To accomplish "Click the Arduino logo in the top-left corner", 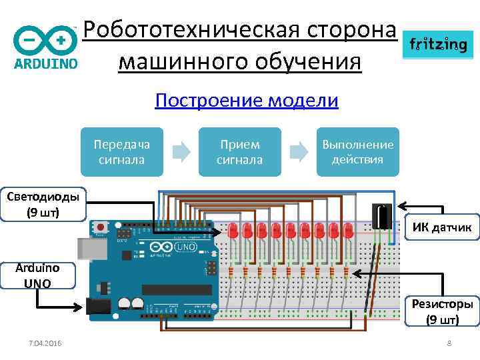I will (x=45, y=47).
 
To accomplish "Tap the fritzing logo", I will (x=437, y=45).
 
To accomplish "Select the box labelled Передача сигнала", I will (x=122, y=152).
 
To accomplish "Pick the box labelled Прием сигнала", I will (x=239, y=152).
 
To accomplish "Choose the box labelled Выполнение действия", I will (x=357, y=152).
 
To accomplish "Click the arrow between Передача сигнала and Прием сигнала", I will (x=181, y=152).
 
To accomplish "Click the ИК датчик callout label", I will (x=441, y=229).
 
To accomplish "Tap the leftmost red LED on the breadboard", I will (x=233, y=231).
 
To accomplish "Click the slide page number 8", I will (x=449, y=343).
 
